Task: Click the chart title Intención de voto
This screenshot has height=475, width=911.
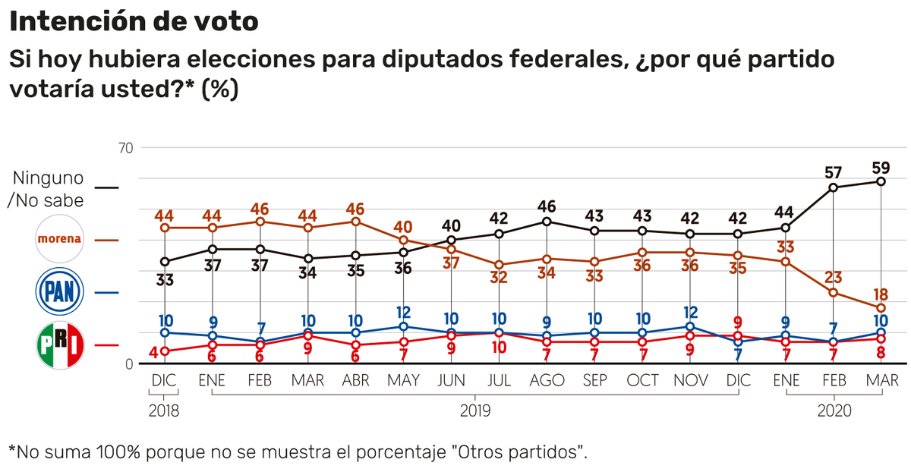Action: click(134, 22)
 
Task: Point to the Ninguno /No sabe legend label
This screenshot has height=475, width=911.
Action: click(46, 189)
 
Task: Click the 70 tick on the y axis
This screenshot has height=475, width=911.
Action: click(125, 148)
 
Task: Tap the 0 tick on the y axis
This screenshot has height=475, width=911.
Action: click(128, 364)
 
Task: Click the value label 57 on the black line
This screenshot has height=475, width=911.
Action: click(834, 172)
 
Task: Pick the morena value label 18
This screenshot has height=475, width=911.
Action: click(881, 294)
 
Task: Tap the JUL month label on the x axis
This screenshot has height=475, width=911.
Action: click(499, 380)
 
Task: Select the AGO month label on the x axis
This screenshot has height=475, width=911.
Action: click(547, 380)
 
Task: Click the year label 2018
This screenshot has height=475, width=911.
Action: click(164, 411)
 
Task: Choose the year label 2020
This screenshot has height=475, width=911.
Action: click(834, 411)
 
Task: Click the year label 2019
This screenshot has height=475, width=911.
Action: click(475, 411)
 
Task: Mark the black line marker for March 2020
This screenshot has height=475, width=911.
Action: click(881, 181)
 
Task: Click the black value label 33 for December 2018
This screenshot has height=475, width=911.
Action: click(164, 278)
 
